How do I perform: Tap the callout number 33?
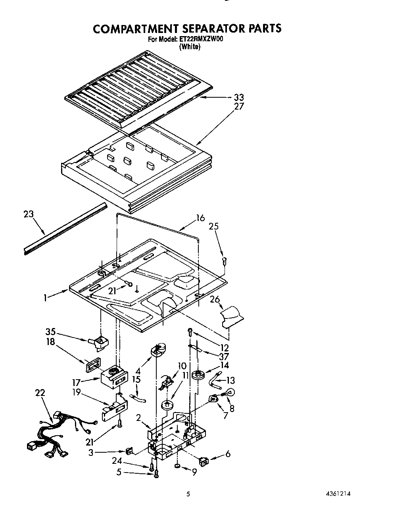pos(239,97)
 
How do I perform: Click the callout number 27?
pos(239,106)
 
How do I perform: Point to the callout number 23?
pos(29,214)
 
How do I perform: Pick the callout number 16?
pos(200,218)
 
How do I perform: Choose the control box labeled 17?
pos(114,378)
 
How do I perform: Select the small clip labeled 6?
pos(204,461)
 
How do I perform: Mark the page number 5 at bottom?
pos(188,494)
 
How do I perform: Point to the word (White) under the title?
pos(190,46)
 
